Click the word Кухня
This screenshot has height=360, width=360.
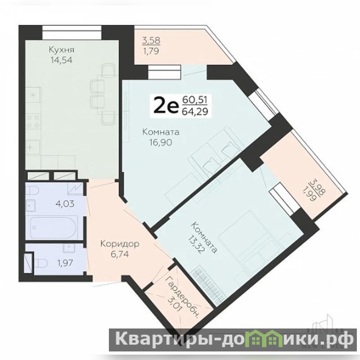62,49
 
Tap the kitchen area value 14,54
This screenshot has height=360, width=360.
62,60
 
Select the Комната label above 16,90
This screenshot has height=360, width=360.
161,132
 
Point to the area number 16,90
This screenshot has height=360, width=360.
161,143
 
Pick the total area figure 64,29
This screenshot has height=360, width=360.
195,112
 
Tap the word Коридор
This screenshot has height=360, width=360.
120,244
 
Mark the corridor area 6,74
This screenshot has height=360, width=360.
120,254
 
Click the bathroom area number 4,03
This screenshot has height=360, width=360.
65,204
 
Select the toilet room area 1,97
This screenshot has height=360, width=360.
65,263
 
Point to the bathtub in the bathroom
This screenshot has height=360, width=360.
54,228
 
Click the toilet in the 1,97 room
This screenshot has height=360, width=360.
41,263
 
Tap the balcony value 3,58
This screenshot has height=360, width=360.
151,40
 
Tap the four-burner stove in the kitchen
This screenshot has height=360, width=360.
33,121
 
